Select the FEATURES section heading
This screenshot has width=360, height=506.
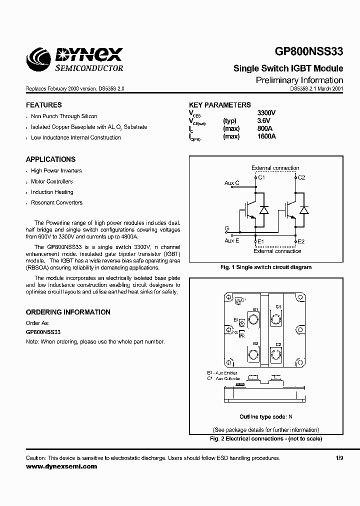pyautogui.click(x=44, y=105)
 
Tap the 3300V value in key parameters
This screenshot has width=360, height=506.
pyautogui.click(x=266, y=113)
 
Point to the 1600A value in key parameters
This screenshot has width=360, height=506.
pyautogui.click(x=266, y=136)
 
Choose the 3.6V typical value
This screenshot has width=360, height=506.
pyautogui.click(x=263, y=120)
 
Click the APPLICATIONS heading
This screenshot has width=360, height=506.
pyautogui.click(x=50, y=159)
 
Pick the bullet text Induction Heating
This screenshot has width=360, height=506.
pyautogui.click(x=52, y=192)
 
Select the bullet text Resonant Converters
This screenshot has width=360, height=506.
pyautogui.click(x=56, y=202)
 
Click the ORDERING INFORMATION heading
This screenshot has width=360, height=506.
pyautogui.click(x=68, y=312)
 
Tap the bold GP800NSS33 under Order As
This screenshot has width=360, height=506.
pyautogui.click(x=43, y=332)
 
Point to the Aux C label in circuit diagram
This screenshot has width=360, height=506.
pyautogui.click(x=232, y=183)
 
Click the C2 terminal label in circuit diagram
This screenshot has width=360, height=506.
pyautogui.click(x=301, y=177)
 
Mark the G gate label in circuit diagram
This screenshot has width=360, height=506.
pyautogui.click(x=226, y=228)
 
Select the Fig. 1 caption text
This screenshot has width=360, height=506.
pyautogui.click(x=266, y=267)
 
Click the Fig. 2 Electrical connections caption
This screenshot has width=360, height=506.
pyautogui.click(x=265, y=438)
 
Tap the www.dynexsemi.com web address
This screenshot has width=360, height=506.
pyautogui.click(x=61, y=466)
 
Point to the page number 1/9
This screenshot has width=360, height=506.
pyautogui.click(x=339, y=458)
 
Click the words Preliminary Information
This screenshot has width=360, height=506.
pyautogui.click(x=299, y=80)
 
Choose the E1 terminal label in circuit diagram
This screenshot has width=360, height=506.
pyautogui.click(x=259, y=241)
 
